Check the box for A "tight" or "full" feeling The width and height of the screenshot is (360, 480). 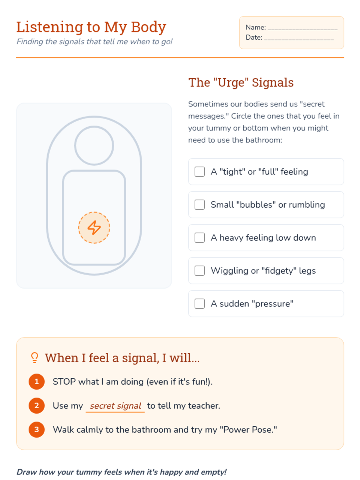(x=199, y=172)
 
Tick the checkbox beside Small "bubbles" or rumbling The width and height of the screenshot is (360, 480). (x=199, y=205)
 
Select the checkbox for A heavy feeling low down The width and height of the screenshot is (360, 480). (x=199, y=238)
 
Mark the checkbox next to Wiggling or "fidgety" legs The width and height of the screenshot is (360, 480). (x=199, y=271)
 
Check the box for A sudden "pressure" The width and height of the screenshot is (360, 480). (x=199, y=304)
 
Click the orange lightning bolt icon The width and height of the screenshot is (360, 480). (x=94, y=228)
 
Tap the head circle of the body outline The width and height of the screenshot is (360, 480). (x=94, y=126)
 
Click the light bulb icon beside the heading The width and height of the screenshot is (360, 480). (x=34, y=358)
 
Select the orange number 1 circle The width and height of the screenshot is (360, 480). (x=37, y=382)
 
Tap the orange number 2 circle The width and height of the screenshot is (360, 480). (x=37, y=406)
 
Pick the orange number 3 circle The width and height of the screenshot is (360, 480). (x=37, y=430)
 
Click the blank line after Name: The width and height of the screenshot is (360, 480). (x=302, y=29)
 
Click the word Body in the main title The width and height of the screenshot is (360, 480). (x=148, y=27)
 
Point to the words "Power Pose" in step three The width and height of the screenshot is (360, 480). (x=248, y=430)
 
